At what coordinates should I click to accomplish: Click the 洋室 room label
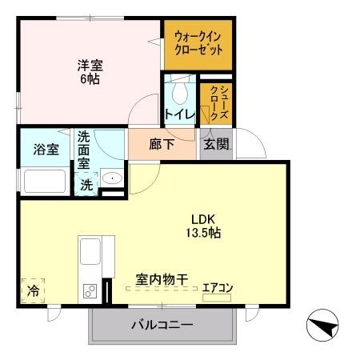pyautogui.click(x=89, y=66)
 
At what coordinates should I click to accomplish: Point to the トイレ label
pyautogui.click(x=179, y=114)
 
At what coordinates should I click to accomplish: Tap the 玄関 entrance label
pyautogui.click(x=215, y=146)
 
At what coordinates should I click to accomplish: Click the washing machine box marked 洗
pyautogui.click(x=86, y=182)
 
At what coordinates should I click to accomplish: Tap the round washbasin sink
pyautogui.click(x=112, y=178)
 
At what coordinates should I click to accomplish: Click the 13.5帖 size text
pyautogui.click(x=205, y=234)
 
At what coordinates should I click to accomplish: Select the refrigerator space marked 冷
pyautogui.click(x=33, y=290)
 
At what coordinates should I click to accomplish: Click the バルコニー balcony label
pyautogui.click(x=162, y=326)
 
